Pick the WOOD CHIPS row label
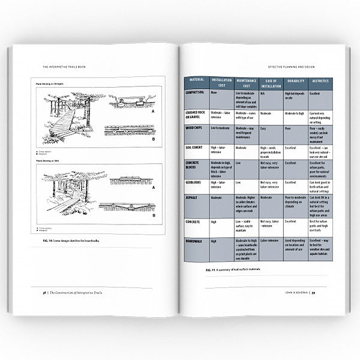pyautogui.click(x=196, y=128)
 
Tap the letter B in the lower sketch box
pyautogui.click(x=153, y=215)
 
